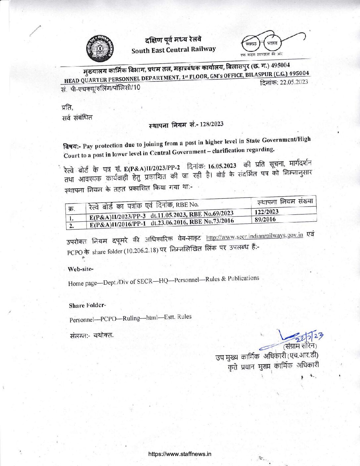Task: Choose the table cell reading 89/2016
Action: coord(265,219)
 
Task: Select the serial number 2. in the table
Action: coord(71,226)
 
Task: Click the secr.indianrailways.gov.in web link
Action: coord(254,236)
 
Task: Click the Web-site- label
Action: coord(80,269)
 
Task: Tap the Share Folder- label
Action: coord(87,305)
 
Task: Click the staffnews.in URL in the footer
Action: coord(180,454)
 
